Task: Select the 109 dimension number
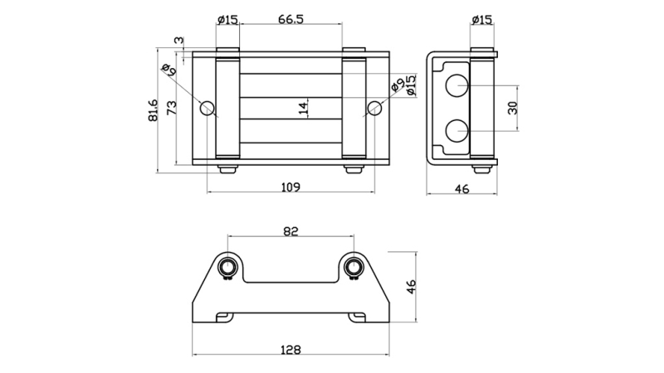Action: [290, 186]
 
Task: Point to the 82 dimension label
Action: [290, 231]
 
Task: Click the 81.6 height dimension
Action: [152, 110]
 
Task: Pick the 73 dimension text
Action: [171, 108]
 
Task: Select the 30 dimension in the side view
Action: [512, 108]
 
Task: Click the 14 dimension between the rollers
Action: [303, 107]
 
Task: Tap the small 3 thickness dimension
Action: [178, 40]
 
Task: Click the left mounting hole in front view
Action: [207, 108]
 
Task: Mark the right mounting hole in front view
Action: [374, 108]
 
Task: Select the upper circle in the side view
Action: [456, 85]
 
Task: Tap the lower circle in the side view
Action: [456, 130]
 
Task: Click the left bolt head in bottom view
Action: [227, 267]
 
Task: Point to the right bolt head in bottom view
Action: [354, 267]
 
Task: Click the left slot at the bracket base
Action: [223, 317]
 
